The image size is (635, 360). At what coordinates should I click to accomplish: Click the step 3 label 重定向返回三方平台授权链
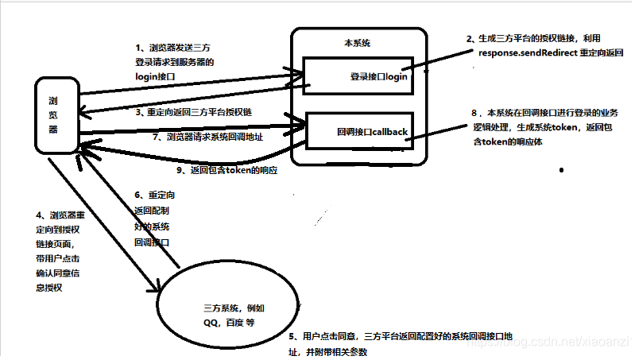click(x=193, y=114)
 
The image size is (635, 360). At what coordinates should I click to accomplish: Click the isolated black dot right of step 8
click(x=563, y=170)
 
